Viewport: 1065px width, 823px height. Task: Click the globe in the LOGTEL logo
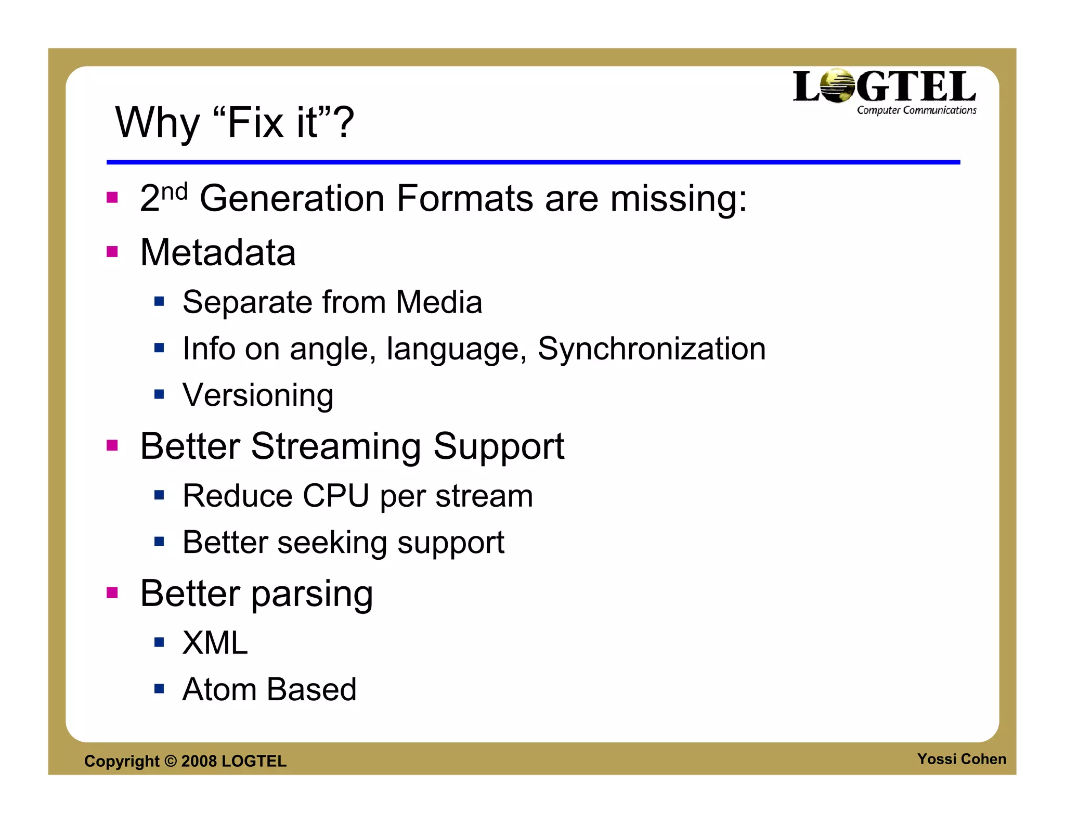click(x=837, y=86)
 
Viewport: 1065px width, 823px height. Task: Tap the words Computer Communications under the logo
click(x=916, y=110)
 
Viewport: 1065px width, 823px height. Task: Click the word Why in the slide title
click(x=157, y=123)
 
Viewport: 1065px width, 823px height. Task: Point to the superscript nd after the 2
click(x=174, y=192)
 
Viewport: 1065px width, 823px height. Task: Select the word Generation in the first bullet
click(x=292, y=199)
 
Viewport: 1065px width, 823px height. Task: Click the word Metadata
click(x=218, y=253)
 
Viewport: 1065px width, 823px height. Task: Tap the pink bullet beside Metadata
click(x=112, y=252)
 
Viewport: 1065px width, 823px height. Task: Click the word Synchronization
click(x=651, y=349)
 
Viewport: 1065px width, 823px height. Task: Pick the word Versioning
click(x=258, y=395)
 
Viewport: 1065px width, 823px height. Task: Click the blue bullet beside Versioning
click(x=159, y=394)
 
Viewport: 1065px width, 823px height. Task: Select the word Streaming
click(x=336, y=446)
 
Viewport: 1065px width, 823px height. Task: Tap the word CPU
click(x=336, y=496)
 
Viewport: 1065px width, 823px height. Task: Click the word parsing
click(x=312, y=594)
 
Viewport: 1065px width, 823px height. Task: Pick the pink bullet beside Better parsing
click(x=112, y=593)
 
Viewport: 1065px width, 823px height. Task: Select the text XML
click(x=215, y=643)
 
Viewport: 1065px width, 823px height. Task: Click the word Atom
click(x=219, y=690)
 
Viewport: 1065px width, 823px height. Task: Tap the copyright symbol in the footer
click(x=171, y=761)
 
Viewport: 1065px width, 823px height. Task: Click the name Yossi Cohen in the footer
click(x=961, y=759)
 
